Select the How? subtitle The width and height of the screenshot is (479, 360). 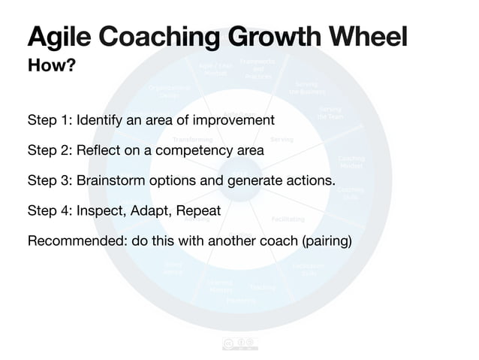51,66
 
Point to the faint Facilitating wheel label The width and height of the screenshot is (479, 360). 288,219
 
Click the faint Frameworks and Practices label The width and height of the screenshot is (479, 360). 258,68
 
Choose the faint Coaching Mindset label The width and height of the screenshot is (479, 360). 351,162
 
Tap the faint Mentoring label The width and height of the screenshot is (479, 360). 241,300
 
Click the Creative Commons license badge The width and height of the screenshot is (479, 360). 239,345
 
